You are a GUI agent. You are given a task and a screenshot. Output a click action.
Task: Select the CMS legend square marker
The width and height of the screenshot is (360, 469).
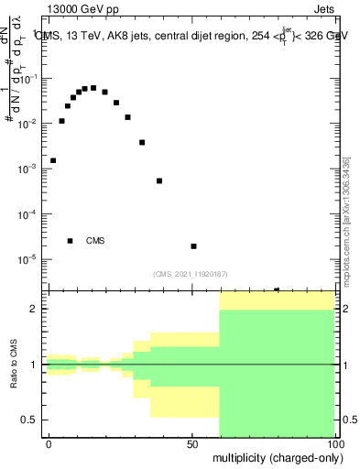[71, 241]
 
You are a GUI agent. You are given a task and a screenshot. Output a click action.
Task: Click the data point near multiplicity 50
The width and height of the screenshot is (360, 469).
[193, 246]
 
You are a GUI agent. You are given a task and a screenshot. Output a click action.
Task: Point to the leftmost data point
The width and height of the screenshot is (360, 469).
[53, 160]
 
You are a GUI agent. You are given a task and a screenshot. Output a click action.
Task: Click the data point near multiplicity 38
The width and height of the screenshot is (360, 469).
[159, 180]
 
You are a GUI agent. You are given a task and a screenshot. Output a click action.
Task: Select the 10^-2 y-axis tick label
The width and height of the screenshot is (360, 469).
[30, 123]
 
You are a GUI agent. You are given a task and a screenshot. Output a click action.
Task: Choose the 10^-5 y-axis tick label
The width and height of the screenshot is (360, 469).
[30, 259]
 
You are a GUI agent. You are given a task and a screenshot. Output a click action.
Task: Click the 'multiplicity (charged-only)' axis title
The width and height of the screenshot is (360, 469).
[275, 457]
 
